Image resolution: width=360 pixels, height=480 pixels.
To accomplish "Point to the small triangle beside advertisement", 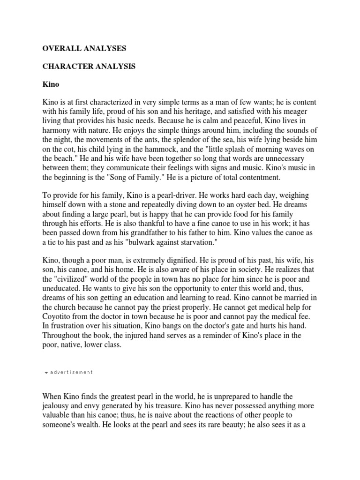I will [45, 373].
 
